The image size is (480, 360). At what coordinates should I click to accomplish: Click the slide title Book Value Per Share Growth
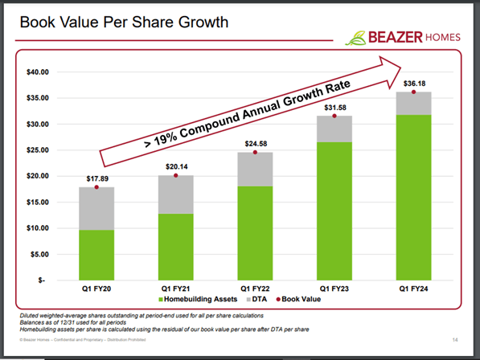[121, 22]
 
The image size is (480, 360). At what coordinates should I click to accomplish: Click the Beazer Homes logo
[400, 37]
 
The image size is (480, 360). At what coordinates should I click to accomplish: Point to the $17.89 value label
[96, 179]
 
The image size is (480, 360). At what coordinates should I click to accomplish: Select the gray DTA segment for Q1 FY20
[96, 208]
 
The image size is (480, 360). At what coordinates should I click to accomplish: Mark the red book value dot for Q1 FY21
[175, 175]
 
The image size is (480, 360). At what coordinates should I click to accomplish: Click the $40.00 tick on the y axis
[38, 72]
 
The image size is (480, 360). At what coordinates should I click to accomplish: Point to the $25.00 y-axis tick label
[38, 150]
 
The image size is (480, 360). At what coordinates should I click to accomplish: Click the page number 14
[454, 338]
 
